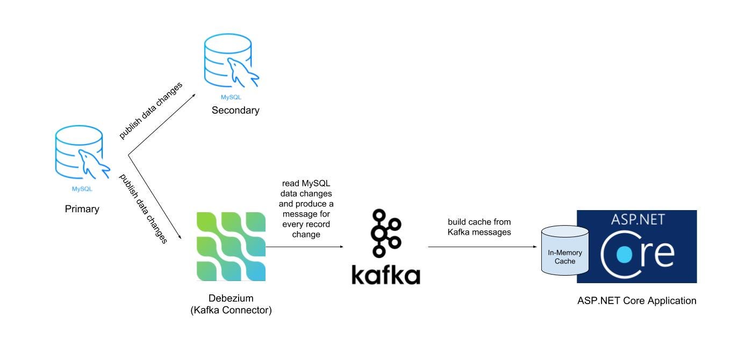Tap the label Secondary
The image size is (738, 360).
(235, 110)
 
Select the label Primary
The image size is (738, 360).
(82, 208)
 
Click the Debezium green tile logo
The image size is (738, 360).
(231, 247)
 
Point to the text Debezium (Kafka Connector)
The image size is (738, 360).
(231, 304)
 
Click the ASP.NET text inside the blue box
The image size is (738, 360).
(637, 219)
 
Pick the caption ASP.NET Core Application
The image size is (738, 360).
(636, 301)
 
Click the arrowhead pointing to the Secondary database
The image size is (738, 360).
(193, 96)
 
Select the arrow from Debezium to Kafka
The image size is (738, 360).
(304, 247)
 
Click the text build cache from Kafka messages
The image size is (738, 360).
(479, 227)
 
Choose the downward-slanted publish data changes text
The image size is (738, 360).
(143, 208)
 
